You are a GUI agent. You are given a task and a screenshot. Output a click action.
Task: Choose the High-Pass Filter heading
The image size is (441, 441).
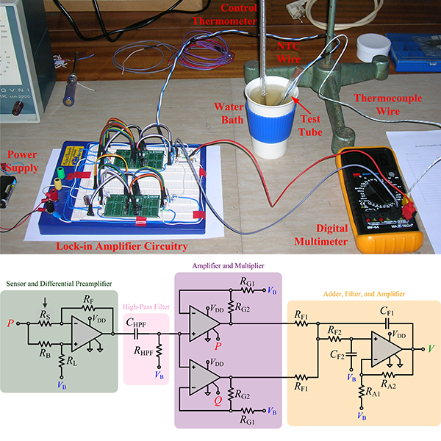(x=144, y=306)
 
